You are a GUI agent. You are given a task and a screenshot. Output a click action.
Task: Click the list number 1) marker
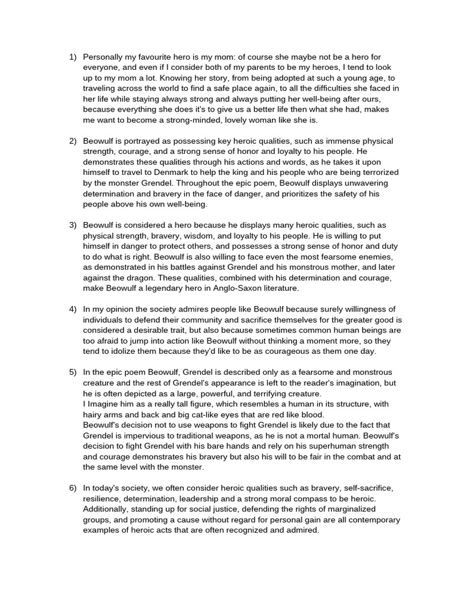pos(73,57)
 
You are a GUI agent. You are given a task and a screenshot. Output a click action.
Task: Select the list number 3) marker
pos(73,225)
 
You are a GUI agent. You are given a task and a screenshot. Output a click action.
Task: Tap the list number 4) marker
pos(73,308)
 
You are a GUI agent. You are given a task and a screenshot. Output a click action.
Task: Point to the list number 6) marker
pos(73,488)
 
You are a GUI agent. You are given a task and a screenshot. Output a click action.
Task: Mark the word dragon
pos(138,277)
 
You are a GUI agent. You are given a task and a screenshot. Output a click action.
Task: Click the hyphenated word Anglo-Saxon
pos(234,288)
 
